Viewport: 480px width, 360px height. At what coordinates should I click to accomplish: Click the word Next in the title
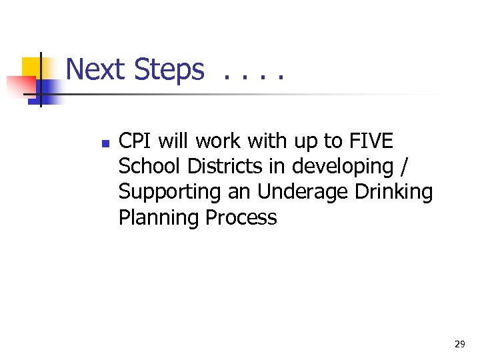96,69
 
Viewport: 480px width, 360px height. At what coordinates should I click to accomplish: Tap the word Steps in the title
169,69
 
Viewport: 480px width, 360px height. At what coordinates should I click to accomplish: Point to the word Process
241,218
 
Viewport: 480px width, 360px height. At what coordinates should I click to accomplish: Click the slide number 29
459,344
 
